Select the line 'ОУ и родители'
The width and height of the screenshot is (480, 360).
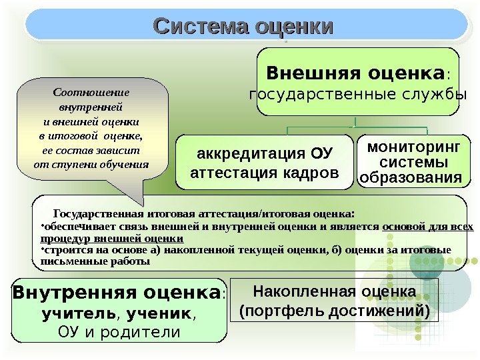point(119,331)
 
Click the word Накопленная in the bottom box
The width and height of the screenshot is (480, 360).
point(293,291)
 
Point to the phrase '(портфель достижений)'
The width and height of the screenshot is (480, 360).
point(335,310)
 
